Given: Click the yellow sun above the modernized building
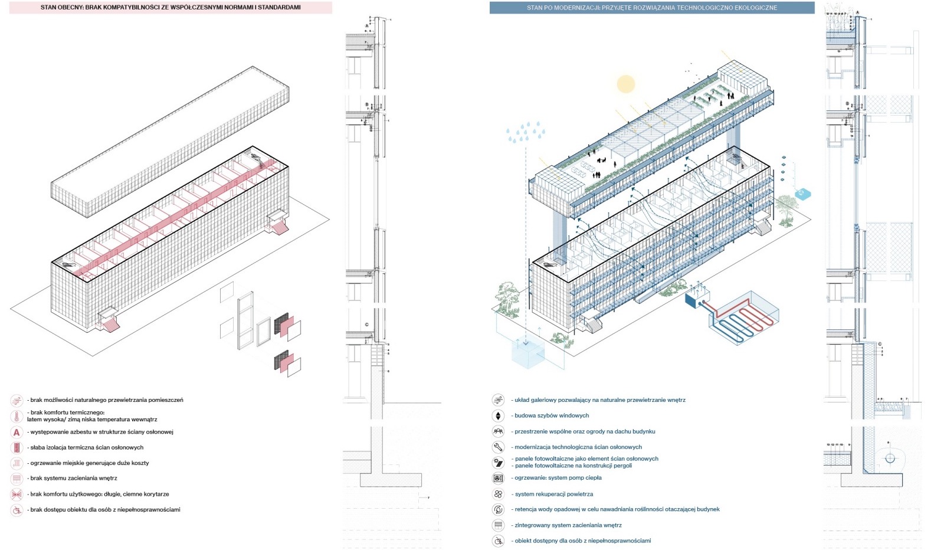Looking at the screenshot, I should [625, 84].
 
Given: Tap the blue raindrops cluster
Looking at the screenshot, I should [525, 132].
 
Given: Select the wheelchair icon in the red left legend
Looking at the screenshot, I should [17, 510].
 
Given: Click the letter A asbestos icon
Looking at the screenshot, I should [17, 432].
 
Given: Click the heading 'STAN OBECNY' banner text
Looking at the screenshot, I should [170, 8].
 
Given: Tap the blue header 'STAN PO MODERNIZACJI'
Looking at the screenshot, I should [651, 8].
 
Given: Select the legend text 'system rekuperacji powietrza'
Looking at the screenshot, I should [554, 494].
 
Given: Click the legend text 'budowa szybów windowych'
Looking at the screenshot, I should [552, 415].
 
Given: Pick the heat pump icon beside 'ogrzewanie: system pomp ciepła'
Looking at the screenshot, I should [498, 478].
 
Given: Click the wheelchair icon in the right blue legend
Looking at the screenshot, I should [498, 541].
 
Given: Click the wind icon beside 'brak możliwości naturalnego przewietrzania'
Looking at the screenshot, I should [17, 400].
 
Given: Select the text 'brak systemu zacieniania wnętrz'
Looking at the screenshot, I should [74, 478].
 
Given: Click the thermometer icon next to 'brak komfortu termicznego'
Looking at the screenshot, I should [17, 416].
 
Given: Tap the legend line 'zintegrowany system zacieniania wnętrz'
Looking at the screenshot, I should [568, 525].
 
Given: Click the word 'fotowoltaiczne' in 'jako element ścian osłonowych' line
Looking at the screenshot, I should [553, 459].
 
